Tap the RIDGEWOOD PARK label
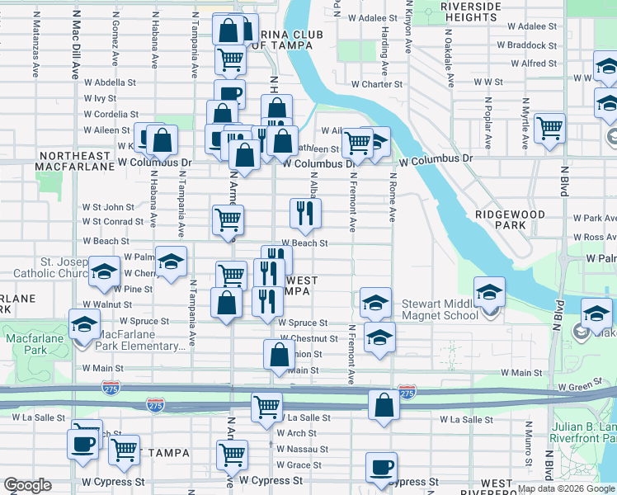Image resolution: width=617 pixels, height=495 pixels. [x=511, y=219]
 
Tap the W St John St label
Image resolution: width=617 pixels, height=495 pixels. [x=107, y=207]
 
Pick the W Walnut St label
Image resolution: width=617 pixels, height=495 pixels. [x=101, y=304]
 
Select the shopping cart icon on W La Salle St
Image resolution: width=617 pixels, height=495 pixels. [x=267, y=407]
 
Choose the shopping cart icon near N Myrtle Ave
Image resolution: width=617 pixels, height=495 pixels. [x=549, y=129]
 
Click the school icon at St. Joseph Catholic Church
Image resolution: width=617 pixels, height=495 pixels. [x=104, y=273]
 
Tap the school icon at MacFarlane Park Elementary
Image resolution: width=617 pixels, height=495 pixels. [x=85, y=324]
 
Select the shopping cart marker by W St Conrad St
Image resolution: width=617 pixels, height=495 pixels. [x=228, y=219]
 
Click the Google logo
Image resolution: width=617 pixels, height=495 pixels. [x=27, y=485]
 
